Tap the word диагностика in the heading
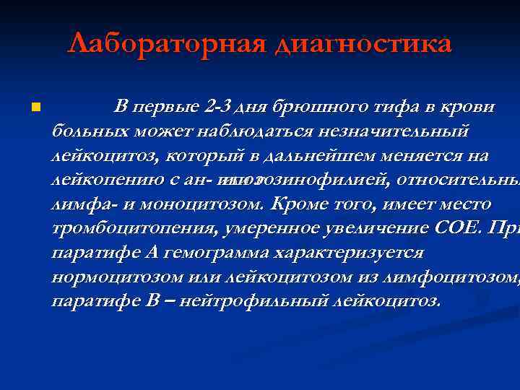(363, 44)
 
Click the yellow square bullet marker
(33, 108)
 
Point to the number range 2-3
(217, 107)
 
